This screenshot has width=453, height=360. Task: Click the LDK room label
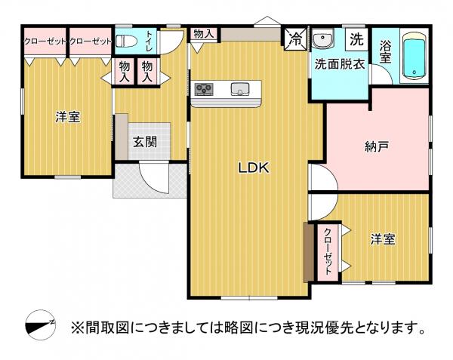[x=254, y=168]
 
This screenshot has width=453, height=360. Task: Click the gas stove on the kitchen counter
[x=204, y=88]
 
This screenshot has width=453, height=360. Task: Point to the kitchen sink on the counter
[x=240, y=89]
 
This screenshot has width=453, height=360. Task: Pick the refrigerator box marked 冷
[x=295, y=39]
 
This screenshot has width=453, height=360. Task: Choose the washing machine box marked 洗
[x=356, y=39]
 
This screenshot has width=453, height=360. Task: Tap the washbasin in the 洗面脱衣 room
[x=323, y=39]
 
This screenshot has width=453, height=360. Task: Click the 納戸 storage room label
[x=377, y=146]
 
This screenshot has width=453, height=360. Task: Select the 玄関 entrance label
[x=145, y=142]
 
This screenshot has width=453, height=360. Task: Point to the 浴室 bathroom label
[x=385, y=52]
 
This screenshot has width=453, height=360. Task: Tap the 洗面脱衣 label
[x=340, y=64]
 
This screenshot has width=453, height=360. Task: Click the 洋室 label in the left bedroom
[x=68, y=117]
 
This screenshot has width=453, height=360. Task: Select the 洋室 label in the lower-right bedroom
[x=383, y=239]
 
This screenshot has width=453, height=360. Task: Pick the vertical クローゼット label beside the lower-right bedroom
[x=328, y=251]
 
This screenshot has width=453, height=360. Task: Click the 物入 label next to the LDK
[x=204, y=34]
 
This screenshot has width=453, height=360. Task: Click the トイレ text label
[x=149, y=41]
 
